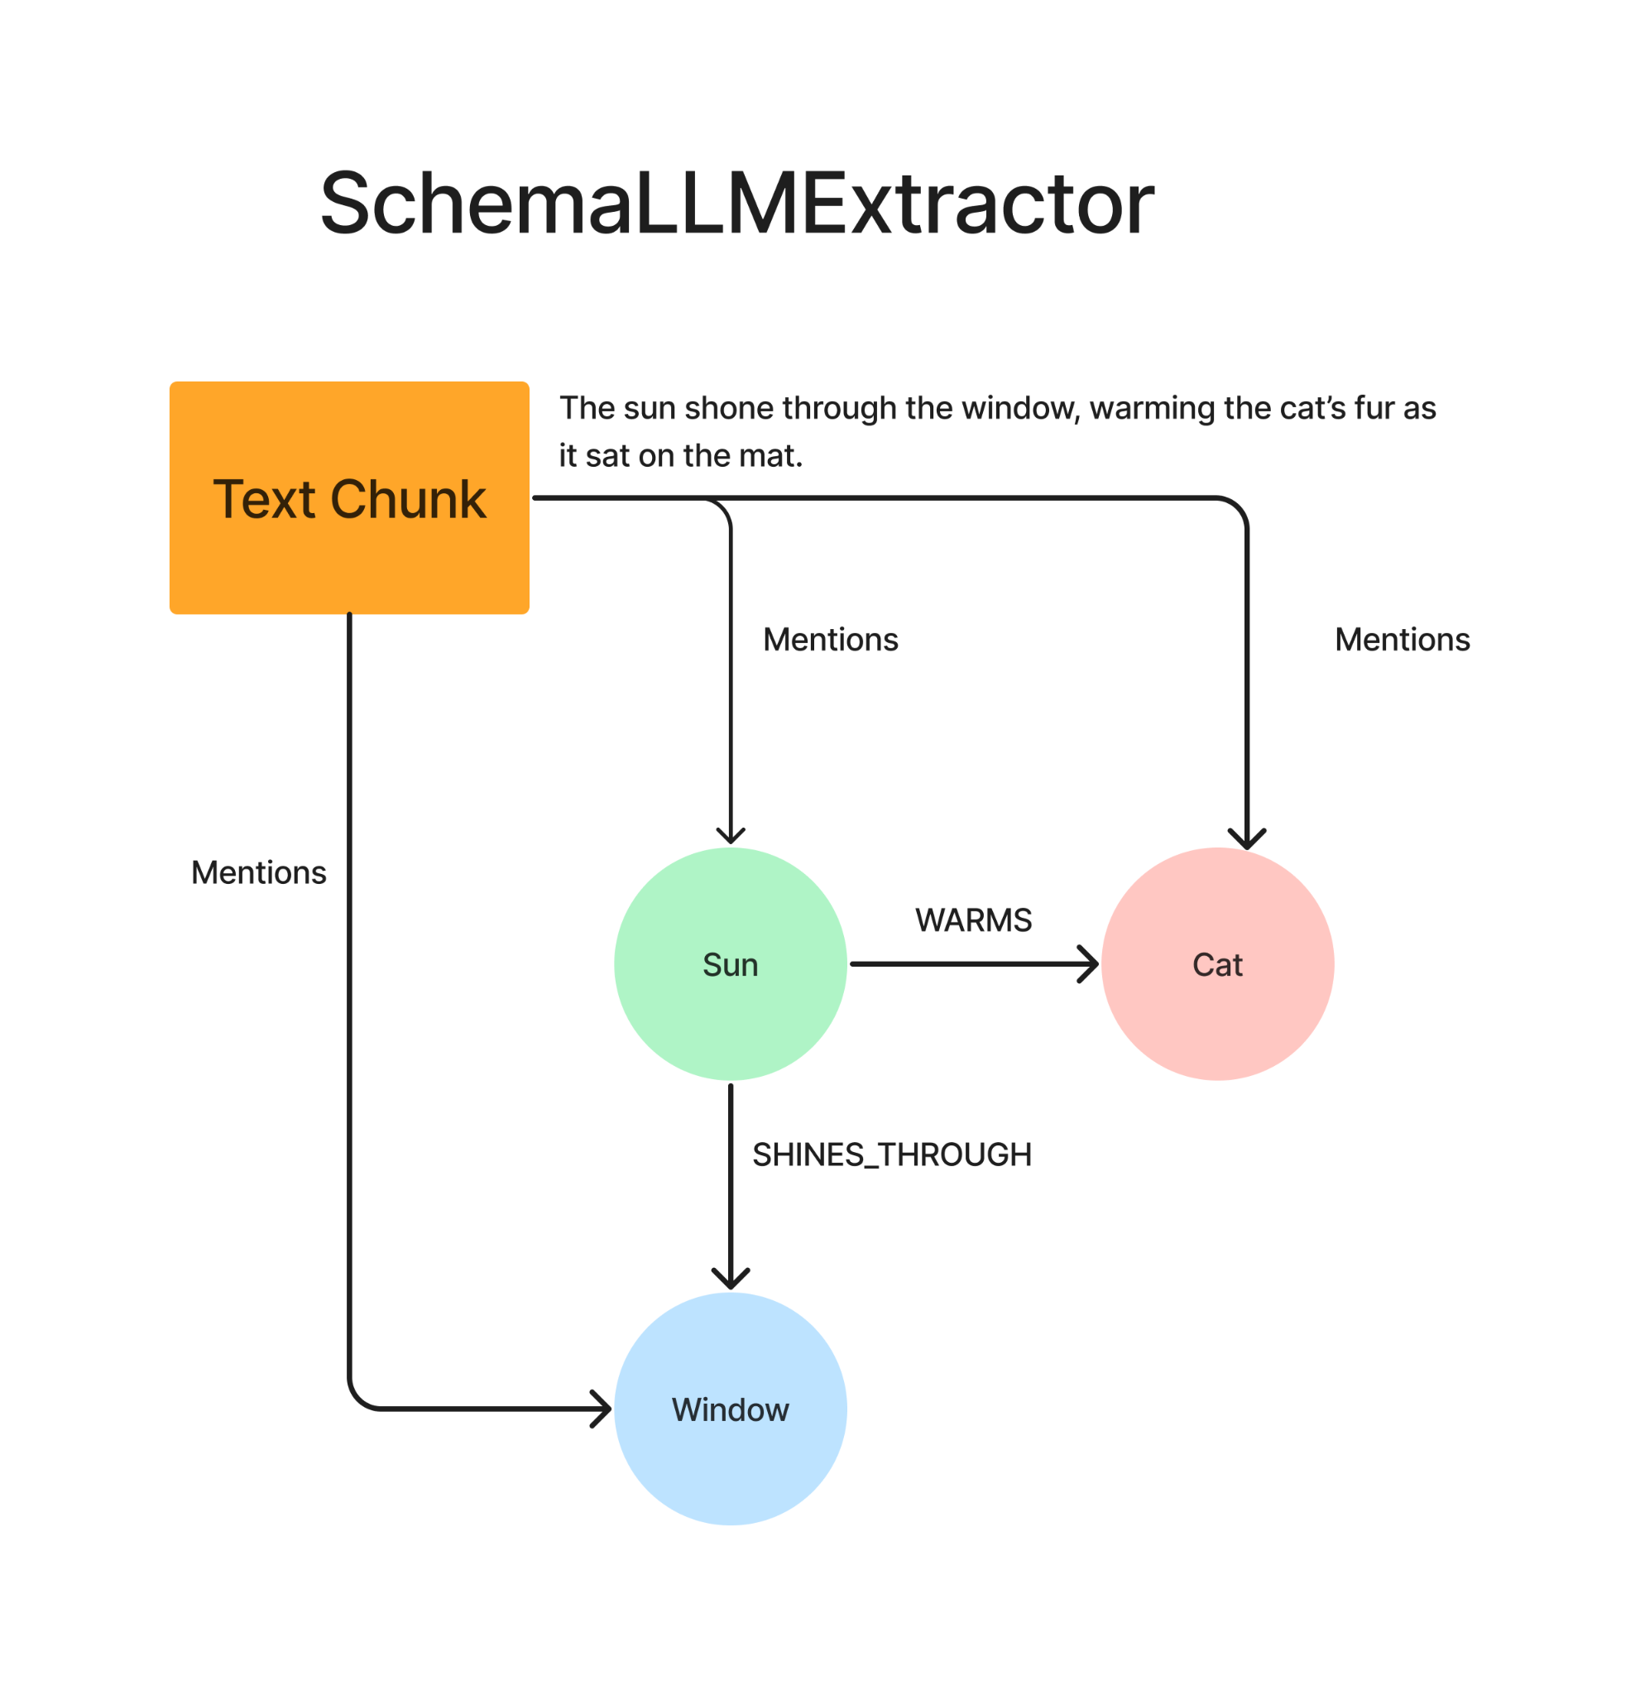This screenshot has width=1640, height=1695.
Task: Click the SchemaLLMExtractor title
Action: click(736, 204)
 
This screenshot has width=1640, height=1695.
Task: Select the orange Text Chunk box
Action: click(349, 497)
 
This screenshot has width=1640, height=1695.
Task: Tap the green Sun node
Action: click(731, 963)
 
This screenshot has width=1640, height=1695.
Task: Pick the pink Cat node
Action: click(1217, 963)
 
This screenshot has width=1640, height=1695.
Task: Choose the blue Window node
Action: click(731, 1409)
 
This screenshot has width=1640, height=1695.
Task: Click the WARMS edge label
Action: click(973, 920)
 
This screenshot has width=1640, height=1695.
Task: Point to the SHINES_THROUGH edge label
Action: click(892, 1155)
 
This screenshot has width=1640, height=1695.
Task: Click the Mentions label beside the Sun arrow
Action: click(831, 640)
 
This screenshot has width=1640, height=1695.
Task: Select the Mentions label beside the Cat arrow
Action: click(1403, 640)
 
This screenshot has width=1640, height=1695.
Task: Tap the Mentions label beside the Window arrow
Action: click(258, 872)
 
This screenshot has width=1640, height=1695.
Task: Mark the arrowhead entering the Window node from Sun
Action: click(731, 1279)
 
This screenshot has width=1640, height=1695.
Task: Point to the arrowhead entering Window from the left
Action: click(602, 1409)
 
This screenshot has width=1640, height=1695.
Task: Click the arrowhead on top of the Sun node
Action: click(731, 836)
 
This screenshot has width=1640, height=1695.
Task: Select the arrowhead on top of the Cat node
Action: click(1247, 839)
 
